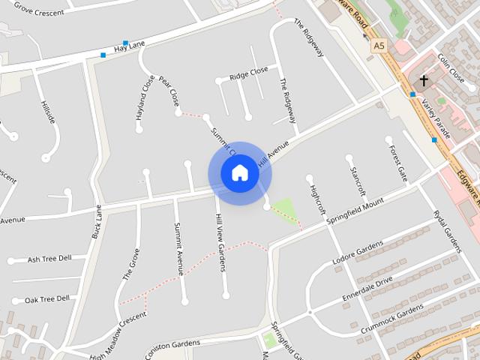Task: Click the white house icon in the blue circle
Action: click(x=239, y=173)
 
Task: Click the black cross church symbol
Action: click(x=423, y=79)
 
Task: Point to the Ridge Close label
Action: click(x=248, y=73)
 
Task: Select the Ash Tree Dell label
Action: click(x=49, y=259)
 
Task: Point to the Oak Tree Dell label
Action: click(x=46, y=298)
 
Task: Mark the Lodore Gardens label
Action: click(x=357, y=253)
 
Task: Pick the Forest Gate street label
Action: click(x=397, y=163)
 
